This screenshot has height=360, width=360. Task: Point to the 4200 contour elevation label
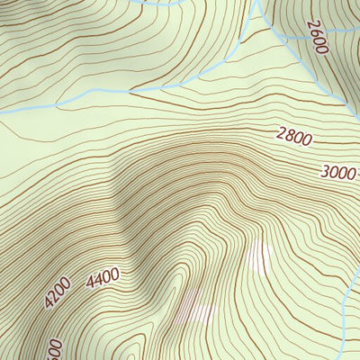57,294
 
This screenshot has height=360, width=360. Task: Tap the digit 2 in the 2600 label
311,24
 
